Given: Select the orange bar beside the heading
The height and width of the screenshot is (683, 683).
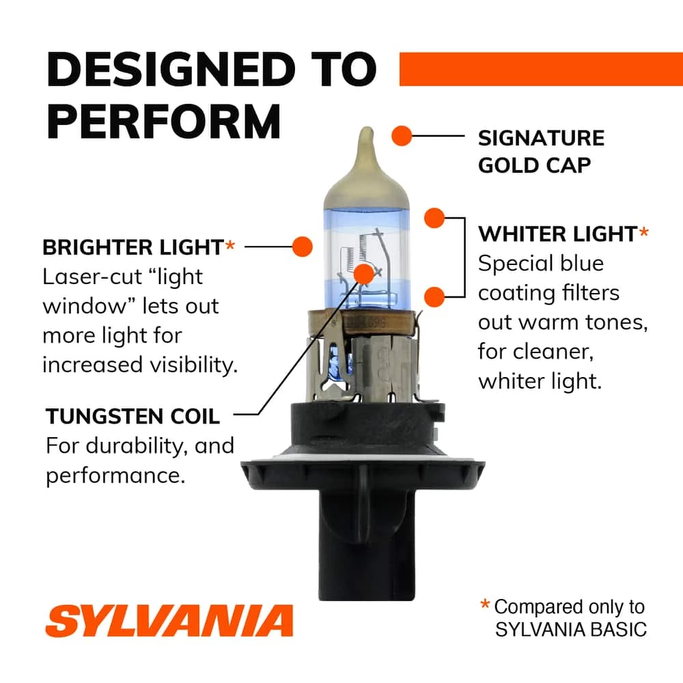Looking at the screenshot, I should tap(540, 69).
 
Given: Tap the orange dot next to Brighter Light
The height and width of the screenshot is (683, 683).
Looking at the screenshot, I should tap(301, 246).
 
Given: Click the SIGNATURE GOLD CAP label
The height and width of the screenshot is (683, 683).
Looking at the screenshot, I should tap(541, 151).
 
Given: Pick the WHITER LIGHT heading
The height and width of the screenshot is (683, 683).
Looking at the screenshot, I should tap(557, 234).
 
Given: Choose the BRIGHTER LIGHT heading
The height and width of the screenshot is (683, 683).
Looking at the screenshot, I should tap(133, 247).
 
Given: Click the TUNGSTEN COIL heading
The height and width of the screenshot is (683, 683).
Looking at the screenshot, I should tap(133, 415).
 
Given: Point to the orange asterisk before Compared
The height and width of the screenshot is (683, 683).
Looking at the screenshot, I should tap(485, 604).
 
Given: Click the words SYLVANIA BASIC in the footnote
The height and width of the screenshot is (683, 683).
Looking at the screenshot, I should tap(570, 629).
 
